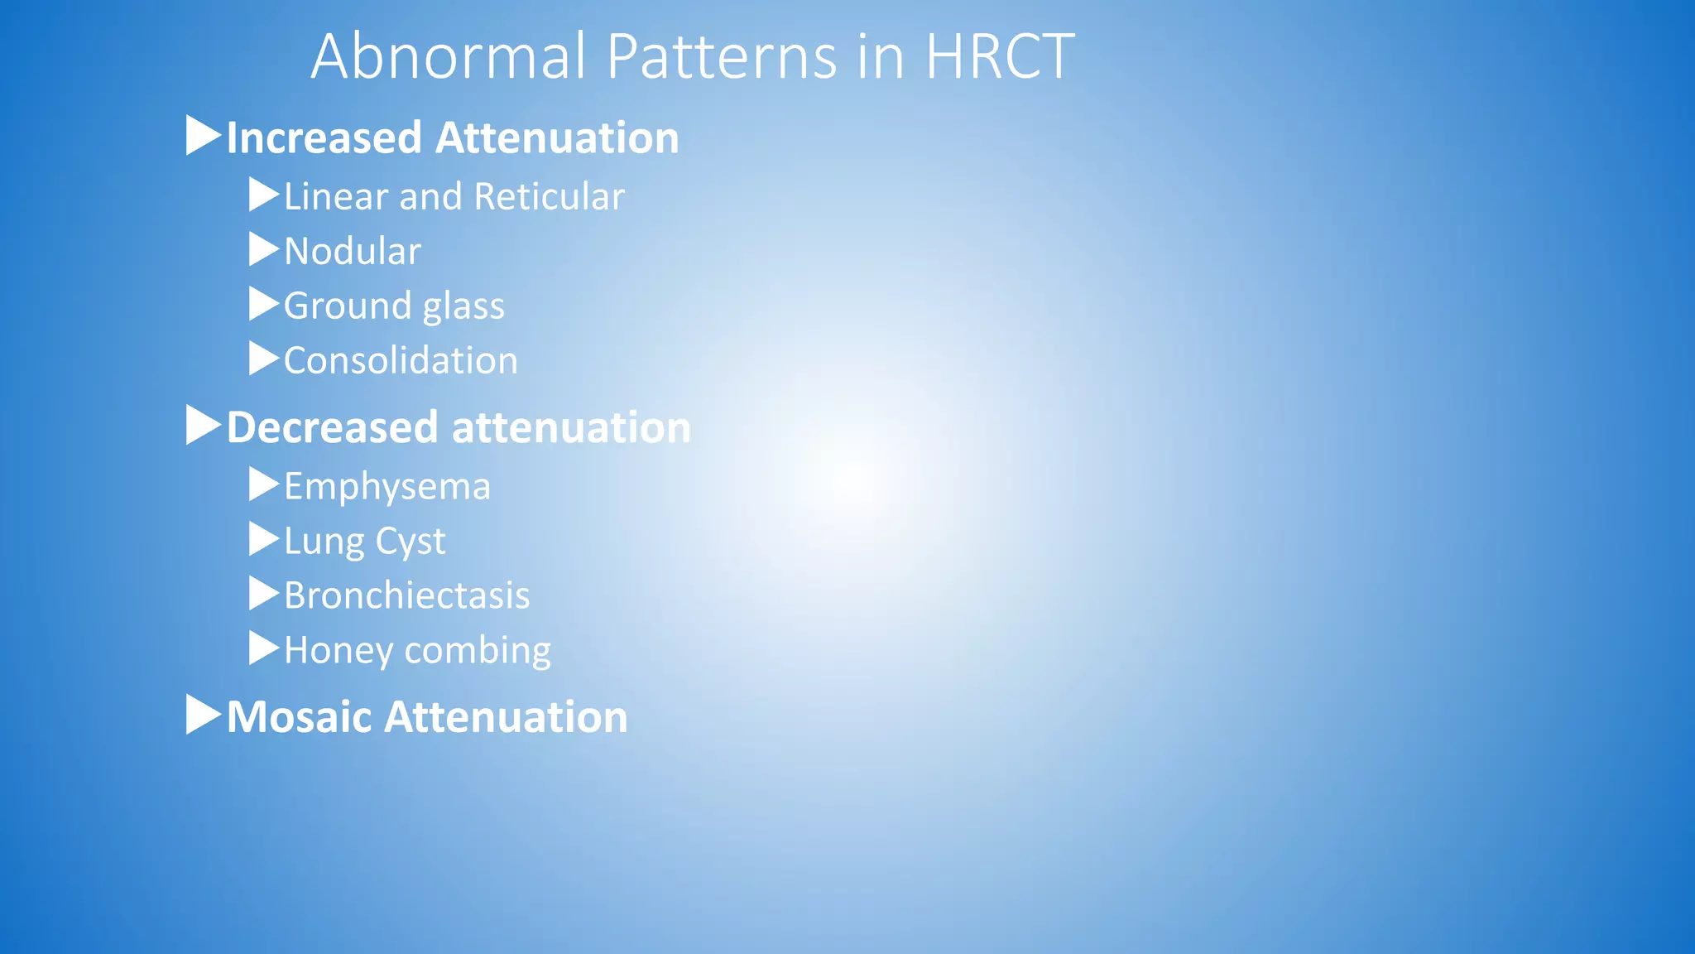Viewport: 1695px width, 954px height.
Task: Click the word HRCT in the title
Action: click(999, 56)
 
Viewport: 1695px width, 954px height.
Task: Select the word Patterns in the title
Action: click(722, 56)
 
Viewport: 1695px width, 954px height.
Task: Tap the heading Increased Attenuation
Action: click(453, 137)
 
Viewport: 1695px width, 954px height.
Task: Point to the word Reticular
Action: click(550, 197)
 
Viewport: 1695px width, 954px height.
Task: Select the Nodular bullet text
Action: click(353, 252)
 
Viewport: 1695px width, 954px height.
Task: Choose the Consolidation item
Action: click(401, 361)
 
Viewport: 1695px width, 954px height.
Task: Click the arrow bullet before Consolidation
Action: click(264, 359)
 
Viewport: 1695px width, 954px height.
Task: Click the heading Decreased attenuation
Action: click(459, 427)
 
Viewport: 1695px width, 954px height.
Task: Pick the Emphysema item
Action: click(387, 487)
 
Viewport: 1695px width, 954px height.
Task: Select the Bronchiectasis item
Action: click(406, 596)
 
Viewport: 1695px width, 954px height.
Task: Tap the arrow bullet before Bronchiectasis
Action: click(264, 594)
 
